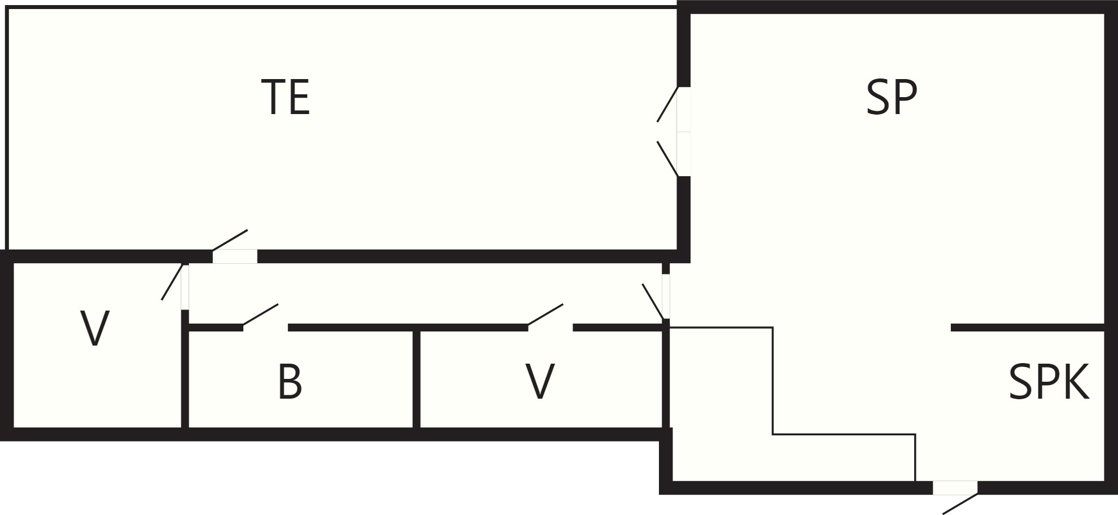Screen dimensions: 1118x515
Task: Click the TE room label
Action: [x=286, y=98]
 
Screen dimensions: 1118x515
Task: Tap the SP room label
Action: [x=892, y=98]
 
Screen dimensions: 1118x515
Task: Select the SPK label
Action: [x=1049, y=382]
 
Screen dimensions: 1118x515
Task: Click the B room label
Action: [x=290, y=382]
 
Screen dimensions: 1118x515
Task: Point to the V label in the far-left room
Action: [x=95, y=329]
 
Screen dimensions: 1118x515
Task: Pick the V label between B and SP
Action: [x=540, y=382]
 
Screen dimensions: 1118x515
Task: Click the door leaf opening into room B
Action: [x=260, y=315]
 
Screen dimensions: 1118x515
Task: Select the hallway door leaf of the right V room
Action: [x=545, y=315]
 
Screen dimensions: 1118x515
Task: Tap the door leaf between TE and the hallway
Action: [x=230, y=240]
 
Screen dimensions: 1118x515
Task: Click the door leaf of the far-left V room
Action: [x=172, y=282]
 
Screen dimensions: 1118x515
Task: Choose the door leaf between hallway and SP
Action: [x=653, y=302]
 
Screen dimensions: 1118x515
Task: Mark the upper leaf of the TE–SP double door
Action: [x=667, y=104]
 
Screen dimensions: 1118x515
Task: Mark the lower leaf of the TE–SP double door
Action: [x=667, y=159]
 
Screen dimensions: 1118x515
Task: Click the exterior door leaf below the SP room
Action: [x=960, y=504]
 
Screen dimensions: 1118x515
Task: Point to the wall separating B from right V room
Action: [x=416, y=379]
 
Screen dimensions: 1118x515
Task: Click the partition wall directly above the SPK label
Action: [x=1028, y=328]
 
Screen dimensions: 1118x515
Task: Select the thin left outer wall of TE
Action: [x=6, y=128]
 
